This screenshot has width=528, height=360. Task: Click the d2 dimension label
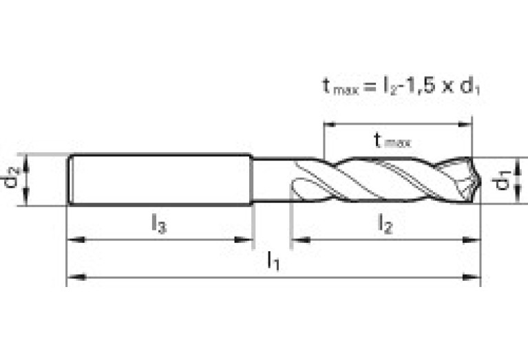coord(10,180)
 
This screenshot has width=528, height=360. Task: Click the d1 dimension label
coord(503,181)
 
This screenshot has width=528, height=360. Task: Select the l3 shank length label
coord(158,224)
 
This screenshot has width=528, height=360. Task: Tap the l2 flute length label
coord(385,224)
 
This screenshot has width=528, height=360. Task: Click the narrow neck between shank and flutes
coord(272,180)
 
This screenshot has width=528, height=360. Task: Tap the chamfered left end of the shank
coord(72,180)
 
